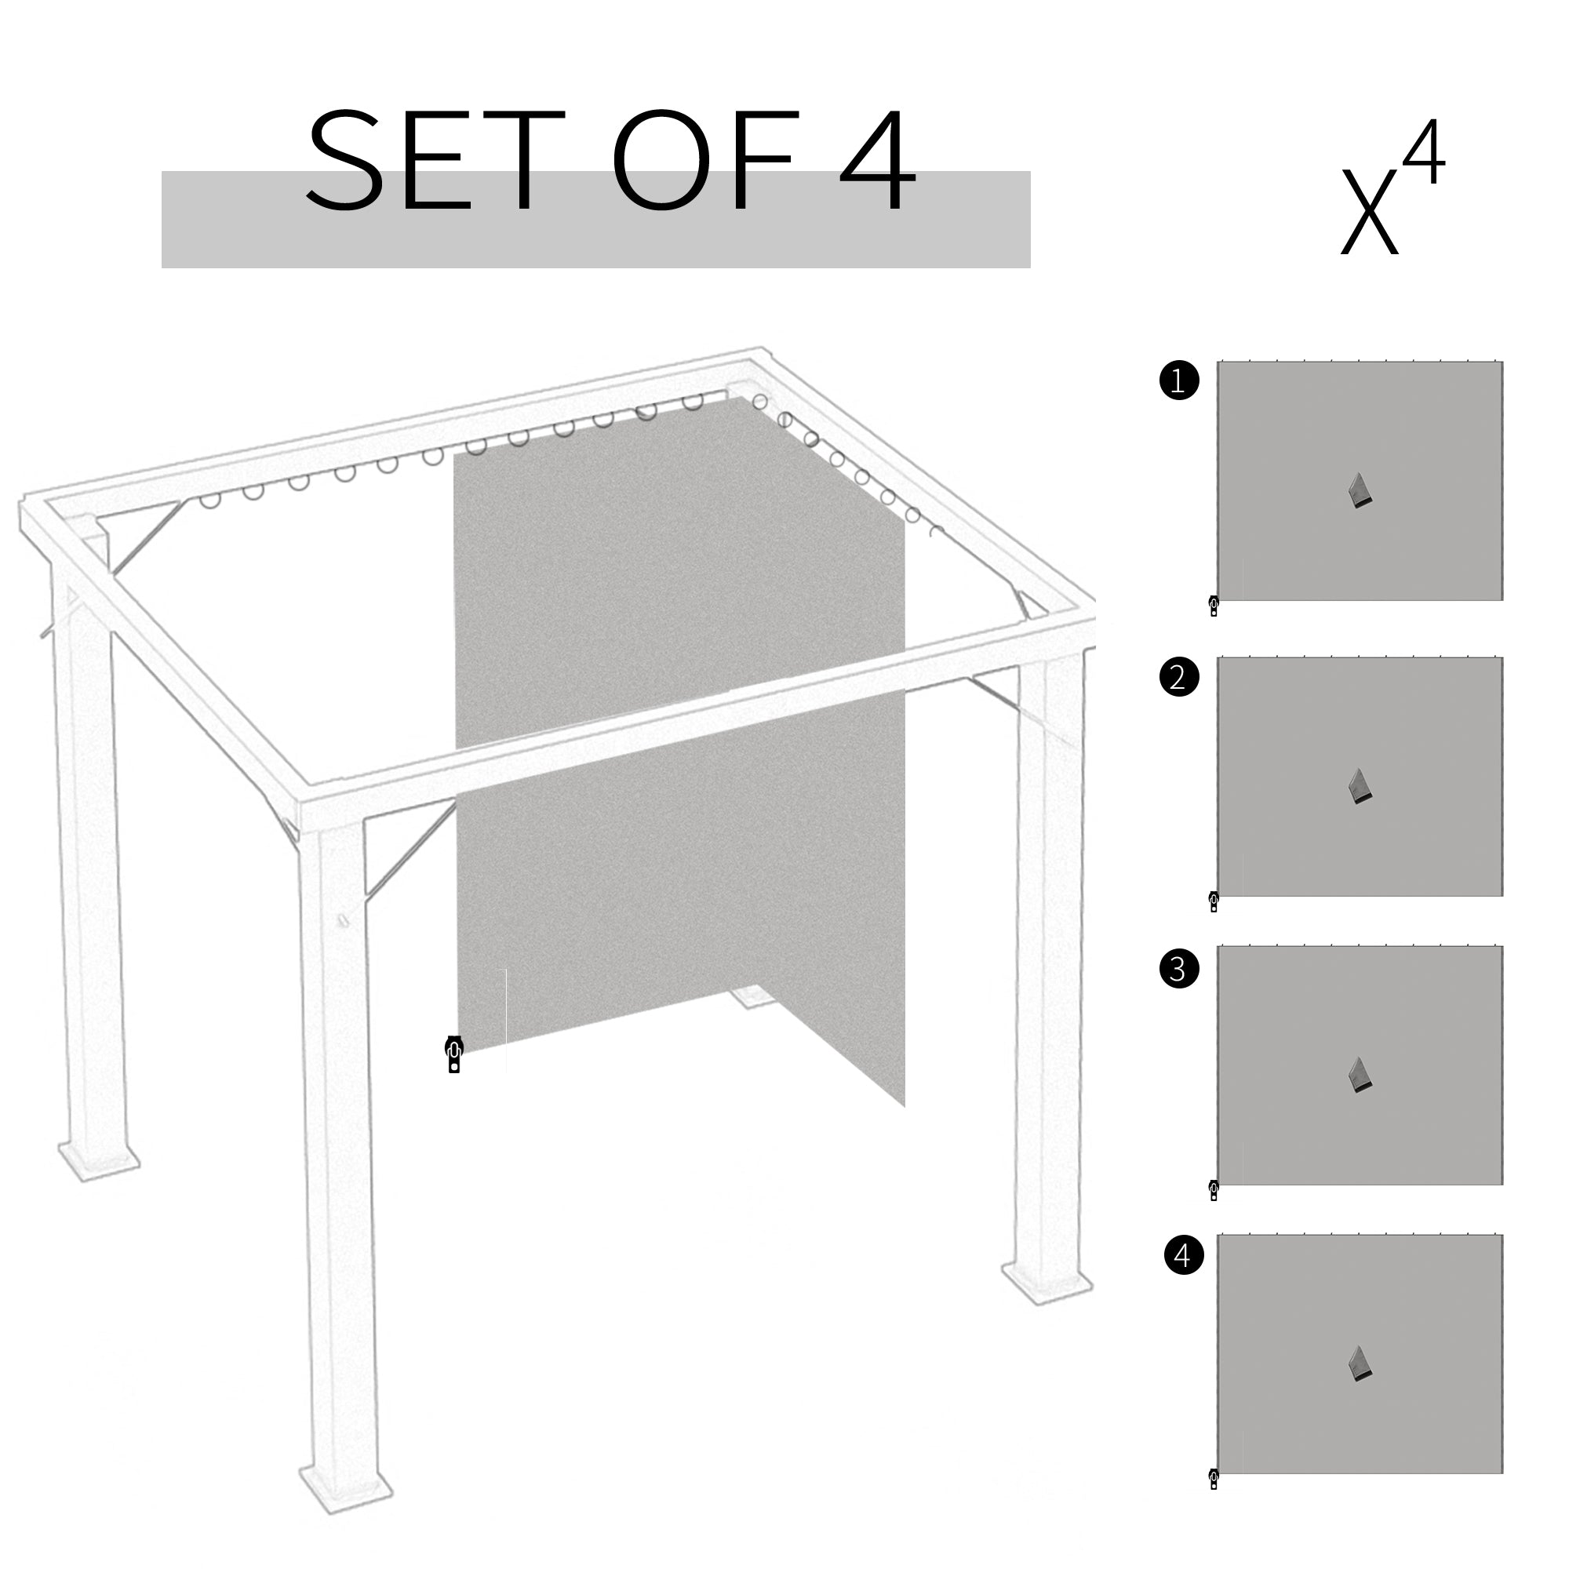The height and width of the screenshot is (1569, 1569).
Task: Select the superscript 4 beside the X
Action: [x=1424, y=155]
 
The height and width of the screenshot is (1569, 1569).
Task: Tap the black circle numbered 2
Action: [x=1179, y=676]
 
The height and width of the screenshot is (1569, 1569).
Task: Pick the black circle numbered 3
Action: [x=1179, y=968]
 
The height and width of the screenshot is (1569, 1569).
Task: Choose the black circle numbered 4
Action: [x=1183, y=1254]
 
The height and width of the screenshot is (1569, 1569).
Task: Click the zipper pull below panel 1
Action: [x=1214, y=606]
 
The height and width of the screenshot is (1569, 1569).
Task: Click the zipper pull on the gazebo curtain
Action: [x=454, y=1054]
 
